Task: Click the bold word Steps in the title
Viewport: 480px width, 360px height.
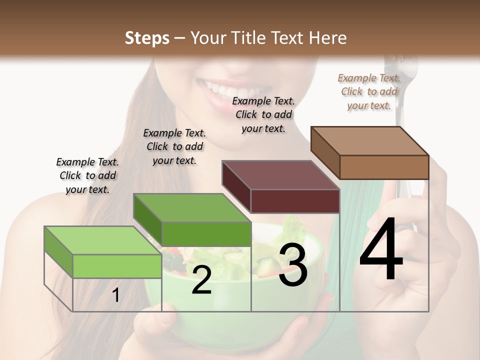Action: click(147, 38)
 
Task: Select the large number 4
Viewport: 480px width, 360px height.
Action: click(381, 250)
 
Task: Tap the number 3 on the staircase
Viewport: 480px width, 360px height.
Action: click(292, 266)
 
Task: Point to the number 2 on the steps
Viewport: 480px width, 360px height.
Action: click(201, 280)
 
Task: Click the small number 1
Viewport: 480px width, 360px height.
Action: click(116, 295)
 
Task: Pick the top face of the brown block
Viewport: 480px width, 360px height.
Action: click(369, 140)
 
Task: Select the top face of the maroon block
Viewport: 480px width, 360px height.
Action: click(280, 175)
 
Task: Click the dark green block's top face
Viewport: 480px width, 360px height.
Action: click(191, 208)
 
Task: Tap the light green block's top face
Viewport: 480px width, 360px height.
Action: click(102, 240)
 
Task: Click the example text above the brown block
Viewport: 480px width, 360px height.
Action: click(369, 91)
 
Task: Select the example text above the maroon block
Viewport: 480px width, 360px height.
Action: click(263, 114)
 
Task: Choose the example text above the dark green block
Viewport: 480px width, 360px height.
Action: click(174, 146)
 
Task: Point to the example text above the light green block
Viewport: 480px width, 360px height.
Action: click(87, 175)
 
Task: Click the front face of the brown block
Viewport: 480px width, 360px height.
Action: click(384, 167)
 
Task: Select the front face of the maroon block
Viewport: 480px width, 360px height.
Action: click(295, 201)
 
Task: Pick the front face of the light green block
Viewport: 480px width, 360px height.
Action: click(117, 266)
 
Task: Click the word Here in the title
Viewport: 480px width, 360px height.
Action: click(328, 38)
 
